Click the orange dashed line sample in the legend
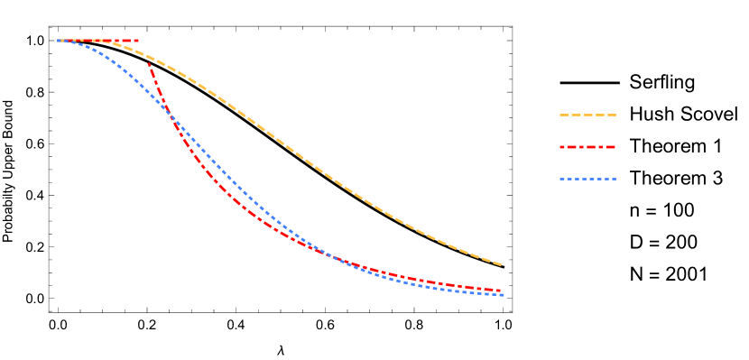(587, 115)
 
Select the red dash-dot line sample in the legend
(587, 147)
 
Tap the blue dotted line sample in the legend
(587, 179)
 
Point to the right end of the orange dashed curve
(502, 265)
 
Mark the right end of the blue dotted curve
(504, 295)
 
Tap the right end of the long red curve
(502, 291)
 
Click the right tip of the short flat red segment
(138, 41)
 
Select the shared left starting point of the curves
(59, 41)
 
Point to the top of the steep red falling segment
(149, 64)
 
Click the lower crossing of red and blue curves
(332, 255)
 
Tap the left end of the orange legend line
(560, 115)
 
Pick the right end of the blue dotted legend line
(616, 179)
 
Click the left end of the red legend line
(560, 147)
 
